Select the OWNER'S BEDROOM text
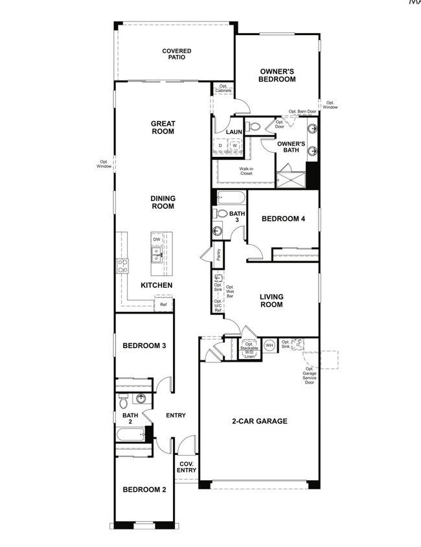(278, 75)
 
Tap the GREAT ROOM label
(163, 127)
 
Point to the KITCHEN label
(157, 285)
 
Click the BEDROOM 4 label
(283, 219)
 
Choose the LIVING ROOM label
(272, 301)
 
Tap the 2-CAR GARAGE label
(260, 421)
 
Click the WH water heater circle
(269, 345)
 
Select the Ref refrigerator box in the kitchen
(163, 304)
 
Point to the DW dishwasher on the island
(157, 239)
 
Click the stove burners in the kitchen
(122, 264)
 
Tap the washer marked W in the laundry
(234, 146)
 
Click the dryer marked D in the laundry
(220, 146)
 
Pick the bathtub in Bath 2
(131, 435)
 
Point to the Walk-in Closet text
(246, 171)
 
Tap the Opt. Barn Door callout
(302, 111)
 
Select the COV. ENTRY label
(187, 467)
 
